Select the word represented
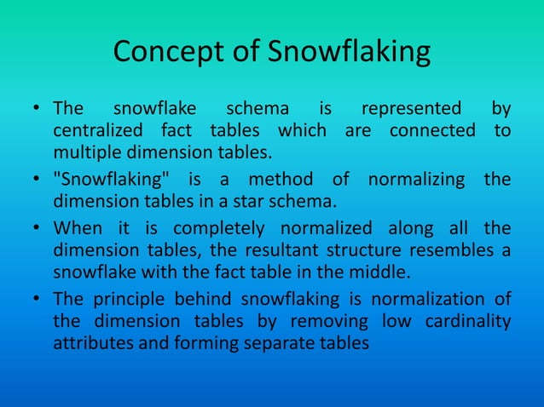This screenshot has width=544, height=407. coord(412,110)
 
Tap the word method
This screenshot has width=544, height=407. coord(281,181)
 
